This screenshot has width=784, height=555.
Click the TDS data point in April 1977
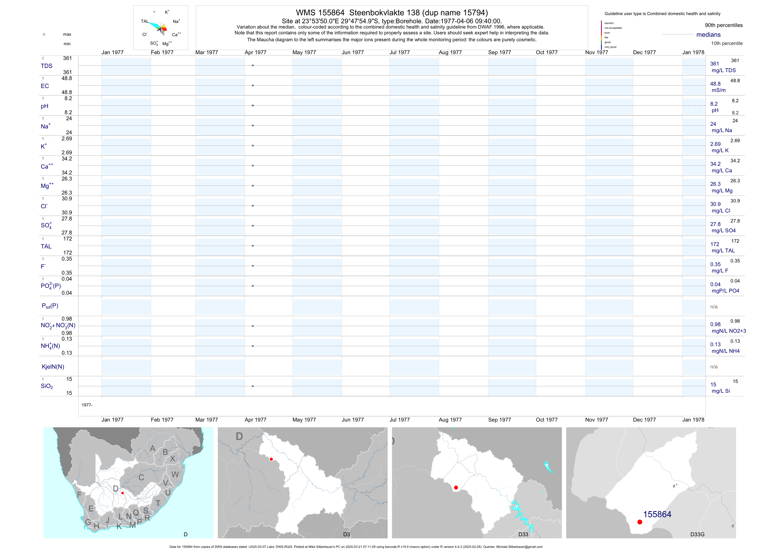point(253,65)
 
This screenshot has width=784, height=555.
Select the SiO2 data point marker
point(253,386)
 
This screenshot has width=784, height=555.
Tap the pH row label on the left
point(44,106)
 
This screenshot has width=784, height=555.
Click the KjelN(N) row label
point(53,367)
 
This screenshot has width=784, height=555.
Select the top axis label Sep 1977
point(499,52)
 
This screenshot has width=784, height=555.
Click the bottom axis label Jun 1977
point(353,420)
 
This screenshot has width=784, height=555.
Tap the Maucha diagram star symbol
point(154,12)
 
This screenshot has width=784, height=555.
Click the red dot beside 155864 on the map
point(640,522)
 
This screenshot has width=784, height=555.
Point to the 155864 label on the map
point(657,514)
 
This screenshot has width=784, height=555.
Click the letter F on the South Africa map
point(79,494)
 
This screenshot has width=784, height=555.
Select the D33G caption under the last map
point(697,534)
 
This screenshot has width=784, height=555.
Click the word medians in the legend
point(708,35)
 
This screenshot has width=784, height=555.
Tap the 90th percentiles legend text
point(724,25)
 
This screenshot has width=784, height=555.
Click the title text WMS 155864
point(320,13)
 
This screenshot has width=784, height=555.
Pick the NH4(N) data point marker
point(253,346)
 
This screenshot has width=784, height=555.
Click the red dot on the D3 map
point(271,459)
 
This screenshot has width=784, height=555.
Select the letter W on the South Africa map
point(175,474)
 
